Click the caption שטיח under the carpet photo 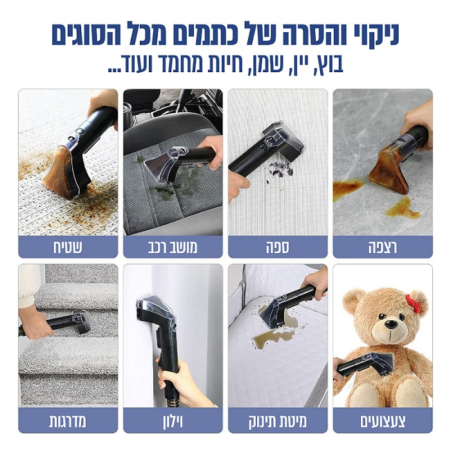[x=68, y=247]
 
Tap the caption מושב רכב [x=173, y=247]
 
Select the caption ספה [x=278, y=247]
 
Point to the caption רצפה [x=383, y=247]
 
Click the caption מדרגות [x=68, y=421]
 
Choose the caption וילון [x=173, y=421]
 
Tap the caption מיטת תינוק [x=278, y=421]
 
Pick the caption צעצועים [x=383, y=421]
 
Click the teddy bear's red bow [x=414, y=303]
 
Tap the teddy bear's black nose [x=391, y=324]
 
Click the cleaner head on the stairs [x=81, y=321]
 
